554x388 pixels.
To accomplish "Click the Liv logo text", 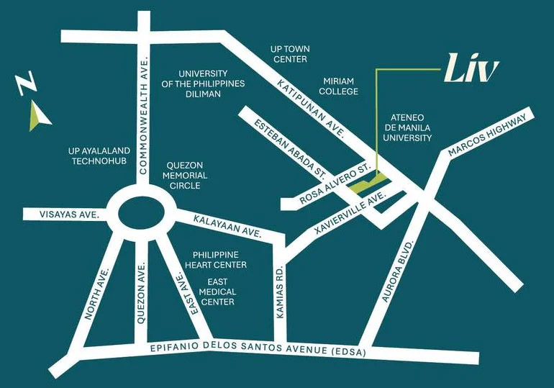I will tap(471, 71).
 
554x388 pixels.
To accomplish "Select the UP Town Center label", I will tap(289, 53).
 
